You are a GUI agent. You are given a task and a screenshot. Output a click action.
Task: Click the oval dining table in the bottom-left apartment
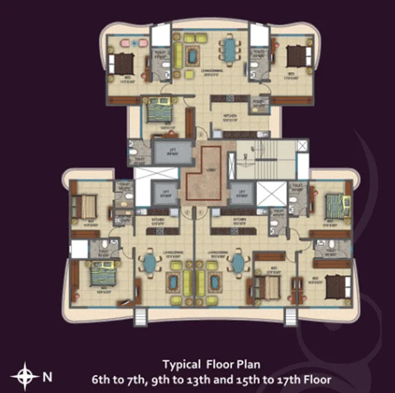(150, 264)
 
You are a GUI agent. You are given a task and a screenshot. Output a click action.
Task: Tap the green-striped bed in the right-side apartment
(335, 203)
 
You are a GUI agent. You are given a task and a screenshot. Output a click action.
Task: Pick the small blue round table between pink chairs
(134, 43)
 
